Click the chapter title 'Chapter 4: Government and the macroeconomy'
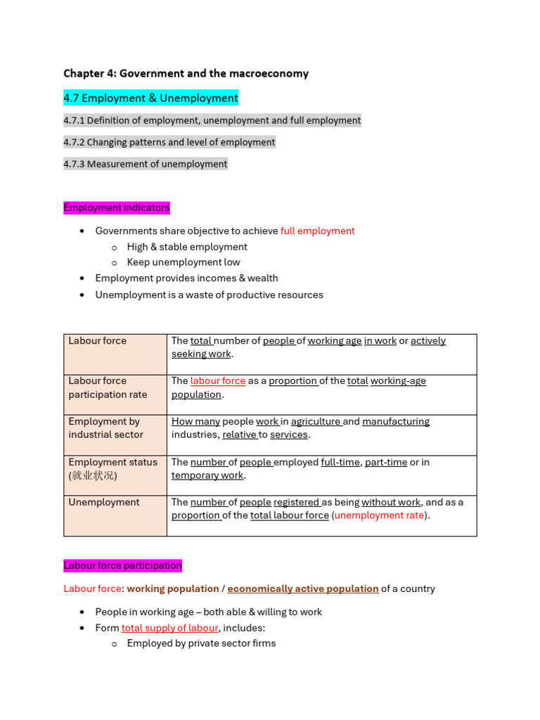point(186,73)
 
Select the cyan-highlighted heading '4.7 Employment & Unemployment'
point(150,98)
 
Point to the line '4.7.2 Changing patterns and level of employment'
point(169,142)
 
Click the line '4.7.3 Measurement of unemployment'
point(145,164)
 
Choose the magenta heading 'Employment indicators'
point(117,208)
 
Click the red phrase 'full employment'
point(317,231)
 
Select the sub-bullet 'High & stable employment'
point(187,247)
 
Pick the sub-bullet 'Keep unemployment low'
point(184,262)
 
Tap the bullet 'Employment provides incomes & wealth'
point(186,278)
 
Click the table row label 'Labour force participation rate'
point(108,387)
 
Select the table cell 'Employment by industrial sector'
point(105,427)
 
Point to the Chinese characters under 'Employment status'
point(94,476)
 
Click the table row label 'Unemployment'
point(104,502)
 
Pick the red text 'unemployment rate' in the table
point(379,515)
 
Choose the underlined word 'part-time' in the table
point(386,462)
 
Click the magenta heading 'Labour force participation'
point(122,565)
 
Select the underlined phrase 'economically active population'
point(303,589)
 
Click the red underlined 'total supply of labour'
point(169,628)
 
